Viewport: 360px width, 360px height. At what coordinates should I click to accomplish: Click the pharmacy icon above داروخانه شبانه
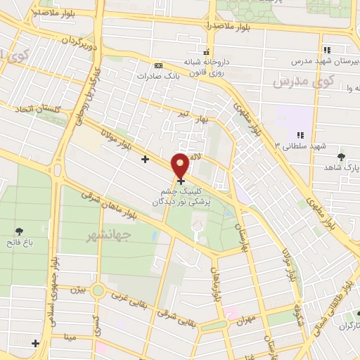click(x=206, y=52)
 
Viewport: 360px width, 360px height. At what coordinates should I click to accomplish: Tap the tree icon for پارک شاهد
click(x=342, y=157)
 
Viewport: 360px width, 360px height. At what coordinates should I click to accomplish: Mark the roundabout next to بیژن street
click(x=98, y=289)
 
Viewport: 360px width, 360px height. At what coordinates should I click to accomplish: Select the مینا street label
click(x=70, y=337)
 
